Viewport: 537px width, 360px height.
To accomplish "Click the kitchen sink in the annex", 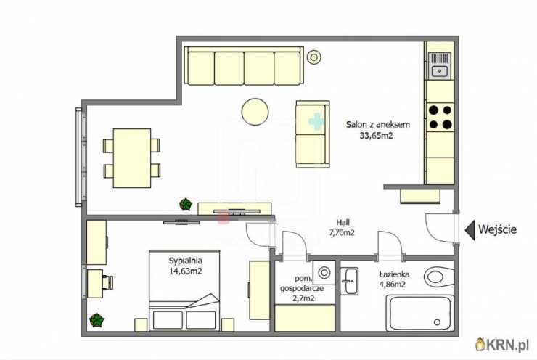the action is pyautogui.click(x=440, y=66).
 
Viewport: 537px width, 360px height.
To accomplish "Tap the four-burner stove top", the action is pyautogui.click(x=440, y=117).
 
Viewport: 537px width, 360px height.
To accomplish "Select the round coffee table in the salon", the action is pyautogui.click(x=255, y=112).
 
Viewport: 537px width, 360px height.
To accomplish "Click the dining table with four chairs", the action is pyautogui.click(x=132, y=158).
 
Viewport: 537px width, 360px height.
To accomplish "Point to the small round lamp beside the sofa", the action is pyautogui.click(x=313, y=57).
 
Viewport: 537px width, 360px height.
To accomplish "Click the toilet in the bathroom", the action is pyautogui.click(x=439, y=277).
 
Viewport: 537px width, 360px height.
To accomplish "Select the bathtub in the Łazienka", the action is pyautogui.click(x=420, y=314).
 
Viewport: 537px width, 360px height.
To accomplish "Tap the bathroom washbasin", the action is pyautogui.click(x=349, y=281).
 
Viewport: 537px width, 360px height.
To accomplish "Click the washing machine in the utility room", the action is pyautogui.click(x=324, y=273).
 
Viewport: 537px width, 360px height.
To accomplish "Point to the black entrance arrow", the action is pyautogui.click(x=470, y=230).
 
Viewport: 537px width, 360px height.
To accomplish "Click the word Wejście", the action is pyautogui.click(x=497, y=229).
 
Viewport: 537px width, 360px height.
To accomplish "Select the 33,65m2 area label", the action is pyautogui.click(x=376, y=136).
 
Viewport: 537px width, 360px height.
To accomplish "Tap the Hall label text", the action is pyautogui.click(x=343, y=222).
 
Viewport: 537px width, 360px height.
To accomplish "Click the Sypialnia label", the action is pyautogui.click(x=185, y=261).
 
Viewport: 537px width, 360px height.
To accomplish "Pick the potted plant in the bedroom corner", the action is pyautogui.click(x=97, y=320).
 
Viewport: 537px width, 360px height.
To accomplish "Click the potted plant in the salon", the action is pyautogui.click(x=186, y=204).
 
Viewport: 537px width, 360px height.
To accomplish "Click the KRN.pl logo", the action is pyautogui.click(x=502, y=345).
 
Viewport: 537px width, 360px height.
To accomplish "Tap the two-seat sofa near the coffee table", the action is pyautogui.click(x=313, y=134).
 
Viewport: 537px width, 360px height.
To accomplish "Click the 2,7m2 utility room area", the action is pyautogui.click(x=303, y=298).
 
